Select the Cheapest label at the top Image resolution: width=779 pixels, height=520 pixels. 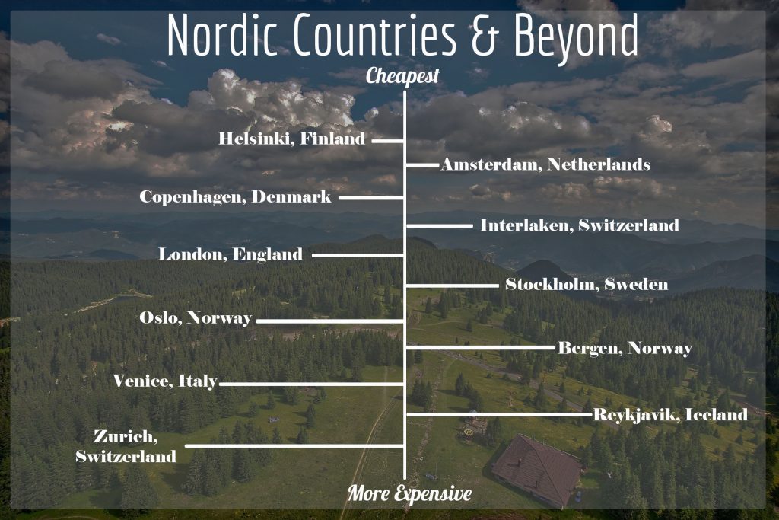click(x=402, y=76)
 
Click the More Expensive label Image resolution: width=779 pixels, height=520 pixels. click(x=409, y=493)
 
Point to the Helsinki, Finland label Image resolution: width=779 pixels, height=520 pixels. click(x=291, y=139)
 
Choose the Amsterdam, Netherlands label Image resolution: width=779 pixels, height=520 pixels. click(x=545, y=164)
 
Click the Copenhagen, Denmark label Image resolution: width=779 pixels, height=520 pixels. click(x=235, y=197)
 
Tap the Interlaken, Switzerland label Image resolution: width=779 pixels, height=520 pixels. click(x=579, y=225)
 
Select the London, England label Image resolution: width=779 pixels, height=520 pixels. click(x=230, y=254)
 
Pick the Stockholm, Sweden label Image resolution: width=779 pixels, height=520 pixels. click(x=587, y=285)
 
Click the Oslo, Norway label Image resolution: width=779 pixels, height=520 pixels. click(x=196, y=318)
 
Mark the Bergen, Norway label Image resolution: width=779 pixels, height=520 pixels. click(x=625, y=349)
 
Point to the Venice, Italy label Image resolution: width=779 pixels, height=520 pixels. click(x=165, y=381)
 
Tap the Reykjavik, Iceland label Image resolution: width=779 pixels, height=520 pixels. click(x=669, y=415)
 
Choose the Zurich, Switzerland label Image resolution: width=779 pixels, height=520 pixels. click(x=126, y=446)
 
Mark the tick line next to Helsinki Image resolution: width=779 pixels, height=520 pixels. click(x=386, y=141)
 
